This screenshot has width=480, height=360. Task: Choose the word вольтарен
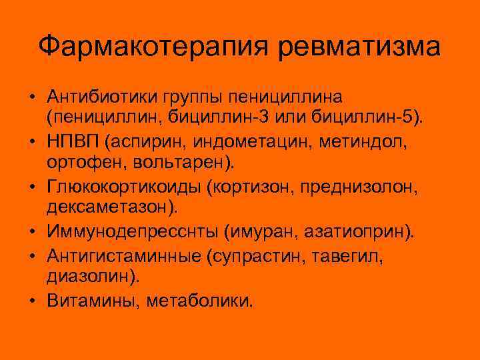(176, 162)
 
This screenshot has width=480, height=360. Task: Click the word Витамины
(93, 301)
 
